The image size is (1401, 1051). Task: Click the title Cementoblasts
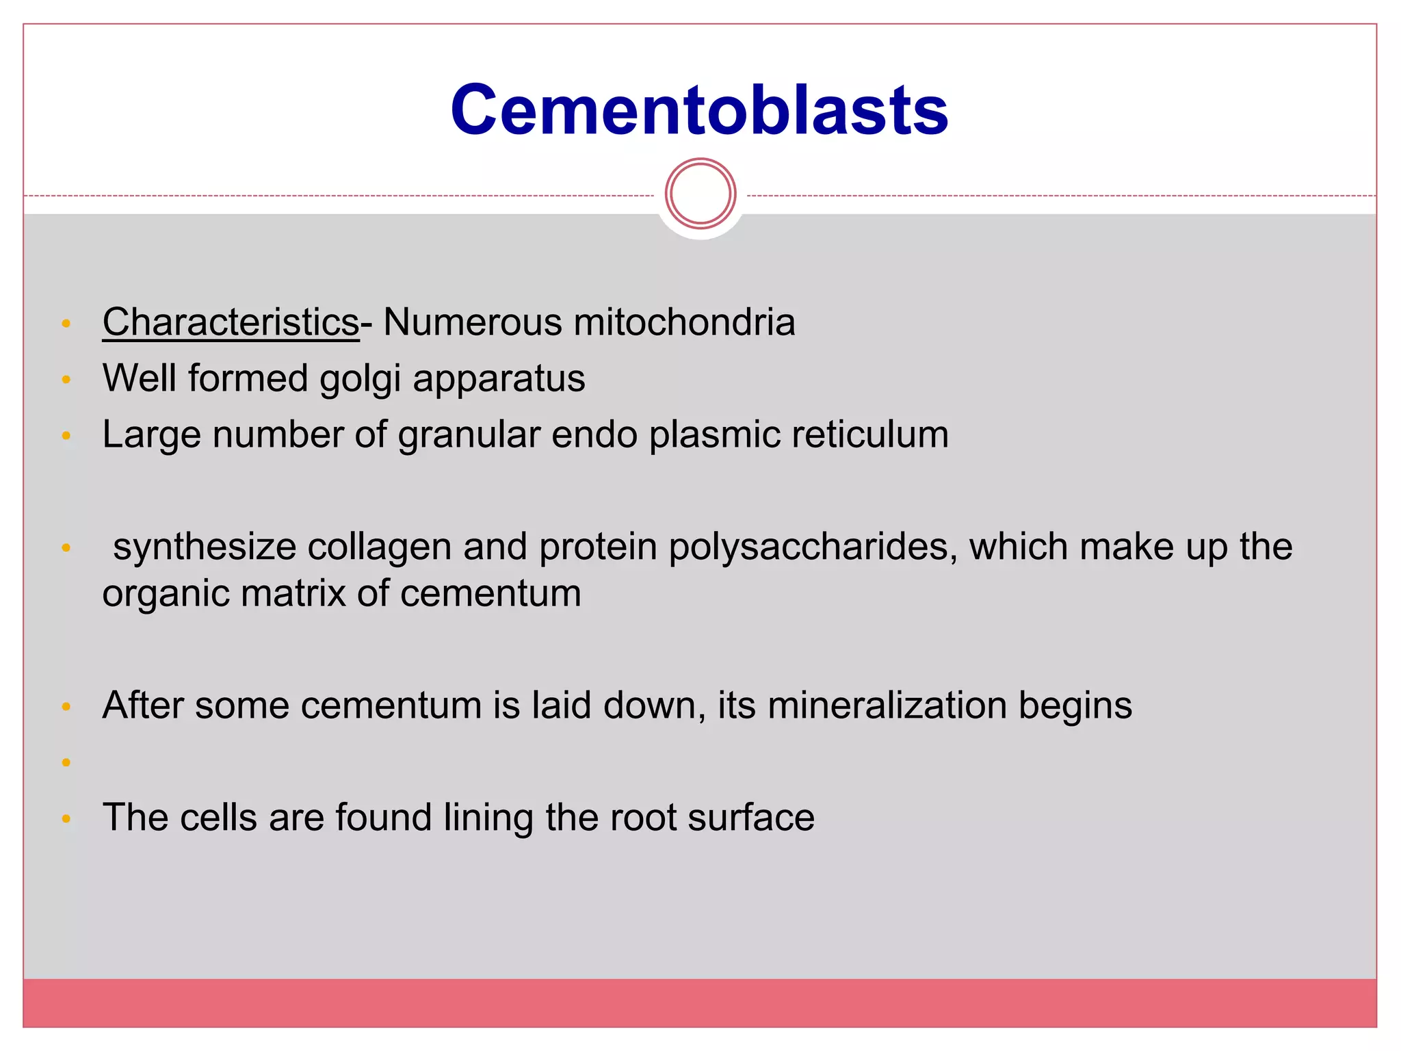click(699, 110)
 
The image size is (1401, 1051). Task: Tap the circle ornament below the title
click(700, 194)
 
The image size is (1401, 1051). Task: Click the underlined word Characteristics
click(231, 322)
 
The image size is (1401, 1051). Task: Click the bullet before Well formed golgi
click(66, 379)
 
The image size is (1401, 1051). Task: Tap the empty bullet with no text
click(66, 762)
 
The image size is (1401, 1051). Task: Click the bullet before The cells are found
click(66, 818)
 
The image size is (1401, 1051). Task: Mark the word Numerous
click(472, 322)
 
